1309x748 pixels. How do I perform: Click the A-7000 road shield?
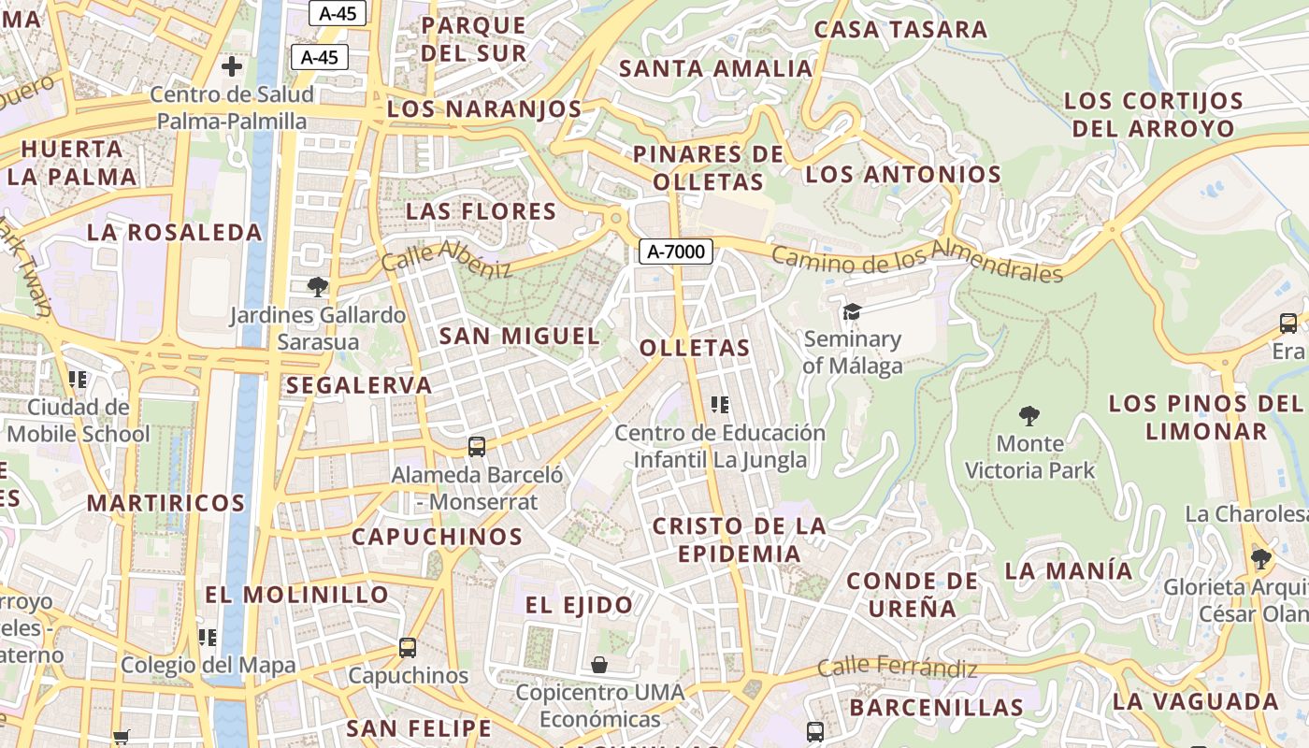click(676, 251)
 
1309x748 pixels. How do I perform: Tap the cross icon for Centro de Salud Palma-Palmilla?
click(232, 66)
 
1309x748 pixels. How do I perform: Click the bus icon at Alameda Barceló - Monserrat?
click(477, 447)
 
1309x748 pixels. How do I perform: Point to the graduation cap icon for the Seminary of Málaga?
click(852, 311)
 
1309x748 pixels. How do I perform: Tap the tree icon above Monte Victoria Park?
click(1029, 415)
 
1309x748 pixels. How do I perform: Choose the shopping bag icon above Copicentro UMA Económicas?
click(599, 665)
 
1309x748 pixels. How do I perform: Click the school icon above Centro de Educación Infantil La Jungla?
click(720, 405)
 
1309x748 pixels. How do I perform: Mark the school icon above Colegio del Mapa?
click(208, 638)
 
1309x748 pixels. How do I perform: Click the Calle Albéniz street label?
click(447, 257)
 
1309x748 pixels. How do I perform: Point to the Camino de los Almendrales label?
click(917, 262)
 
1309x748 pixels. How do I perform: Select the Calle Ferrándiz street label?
click(897, 668)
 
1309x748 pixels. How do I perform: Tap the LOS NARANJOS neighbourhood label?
click(484, 109)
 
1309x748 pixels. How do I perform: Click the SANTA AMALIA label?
click(716, 68)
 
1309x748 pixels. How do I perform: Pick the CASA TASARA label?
click(900, 29)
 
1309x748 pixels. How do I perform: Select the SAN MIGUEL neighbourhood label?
click(519, 336)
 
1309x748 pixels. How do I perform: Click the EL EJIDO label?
click(579, 605)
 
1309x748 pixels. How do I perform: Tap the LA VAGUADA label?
click(1196, 700)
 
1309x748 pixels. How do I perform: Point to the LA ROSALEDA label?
click(175, 233)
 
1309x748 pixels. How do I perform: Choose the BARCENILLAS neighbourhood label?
click(936, 707)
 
